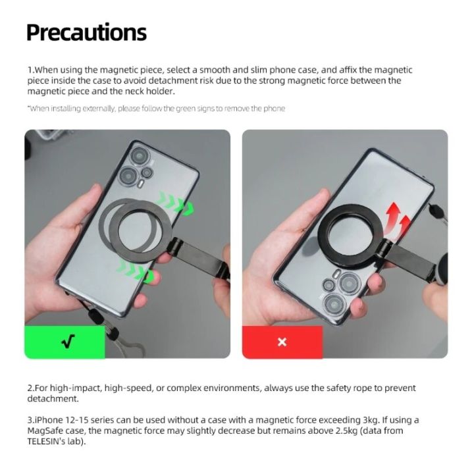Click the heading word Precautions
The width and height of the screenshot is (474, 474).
click(86, 32)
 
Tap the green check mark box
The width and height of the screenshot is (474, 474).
click(65, 342)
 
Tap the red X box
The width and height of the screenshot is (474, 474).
click(282, 342)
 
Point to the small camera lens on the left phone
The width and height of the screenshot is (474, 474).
click(147, 172)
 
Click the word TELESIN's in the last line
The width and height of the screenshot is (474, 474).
click(48, 442)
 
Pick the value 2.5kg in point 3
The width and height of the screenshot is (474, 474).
click(340, 431)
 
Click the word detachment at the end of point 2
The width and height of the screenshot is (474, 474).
click(53, 399)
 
